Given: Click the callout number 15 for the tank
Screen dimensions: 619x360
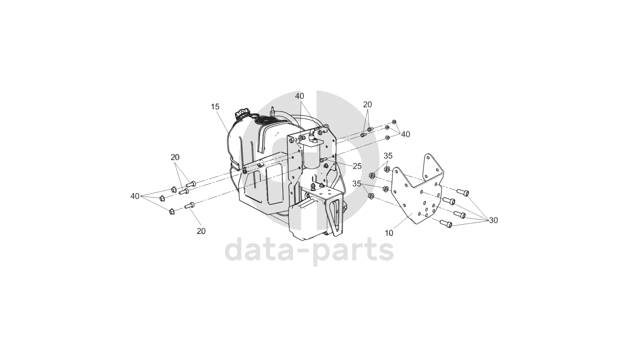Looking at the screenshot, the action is [214, 107].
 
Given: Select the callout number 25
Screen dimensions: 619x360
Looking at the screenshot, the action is [357, 166].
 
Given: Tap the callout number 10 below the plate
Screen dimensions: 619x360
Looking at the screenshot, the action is [389, 233].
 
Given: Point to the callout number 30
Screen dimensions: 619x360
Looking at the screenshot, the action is [493, 220].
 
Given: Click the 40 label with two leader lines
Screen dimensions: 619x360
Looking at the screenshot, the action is [299, 96].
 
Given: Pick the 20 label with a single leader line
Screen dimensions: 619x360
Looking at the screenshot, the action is [201, 231].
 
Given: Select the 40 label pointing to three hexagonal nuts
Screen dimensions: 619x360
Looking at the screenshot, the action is [135, 196].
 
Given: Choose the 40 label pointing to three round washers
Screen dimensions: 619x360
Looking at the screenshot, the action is [405, 134].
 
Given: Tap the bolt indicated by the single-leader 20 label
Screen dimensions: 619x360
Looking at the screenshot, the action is [189, 205].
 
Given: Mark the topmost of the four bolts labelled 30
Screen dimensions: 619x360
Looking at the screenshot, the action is [463, 192].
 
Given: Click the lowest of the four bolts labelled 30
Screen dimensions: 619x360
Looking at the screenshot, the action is [446, 223].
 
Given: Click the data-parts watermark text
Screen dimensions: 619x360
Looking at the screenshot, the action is [309, 250].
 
